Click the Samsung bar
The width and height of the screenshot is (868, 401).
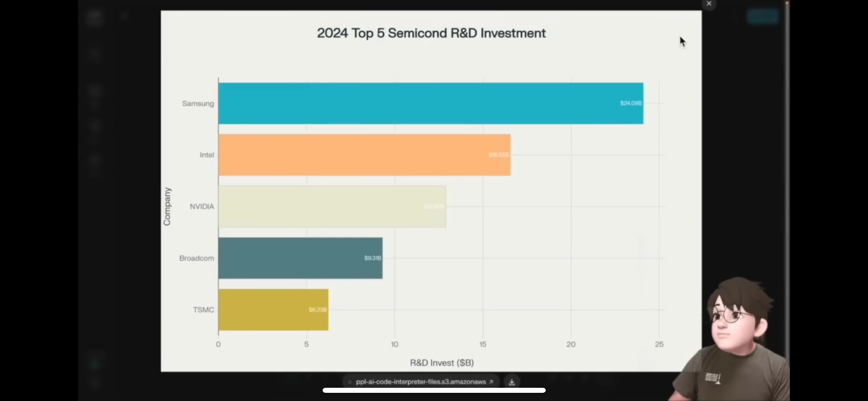pos(430,103)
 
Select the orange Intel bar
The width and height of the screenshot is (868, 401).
pos(364,155)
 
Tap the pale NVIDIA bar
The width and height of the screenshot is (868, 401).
pos(332,206)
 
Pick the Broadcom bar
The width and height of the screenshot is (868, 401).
pos(300,258)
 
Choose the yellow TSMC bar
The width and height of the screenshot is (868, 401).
pos(273,310)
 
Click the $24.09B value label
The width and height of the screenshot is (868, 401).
pos(631,103)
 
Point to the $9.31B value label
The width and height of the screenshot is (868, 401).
pos(373,258)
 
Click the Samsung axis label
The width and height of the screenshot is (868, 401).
pos(198,104)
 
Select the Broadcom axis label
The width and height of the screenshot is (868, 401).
pos(197,258)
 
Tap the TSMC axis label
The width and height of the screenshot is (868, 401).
pos(203,310)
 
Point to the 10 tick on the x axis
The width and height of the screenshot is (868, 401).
pos(395,344)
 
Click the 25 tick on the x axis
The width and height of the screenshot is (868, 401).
pos(659,344)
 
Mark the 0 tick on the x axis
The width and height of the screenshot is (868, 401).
pos(218,344)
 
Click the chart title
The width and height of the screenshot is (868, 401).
pos(431,33)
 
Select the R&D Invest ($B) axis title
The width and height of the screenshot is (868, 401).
pos(442,363)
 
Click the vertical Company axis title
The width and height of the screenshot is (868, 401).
pos(167,206)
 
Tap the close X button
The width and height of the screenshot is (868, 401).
pos(709,4)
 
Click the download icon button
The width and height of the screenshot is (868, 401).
pos(512,382)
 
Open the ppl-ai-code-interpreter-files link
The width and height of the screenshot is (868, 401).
pos(421,382)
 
